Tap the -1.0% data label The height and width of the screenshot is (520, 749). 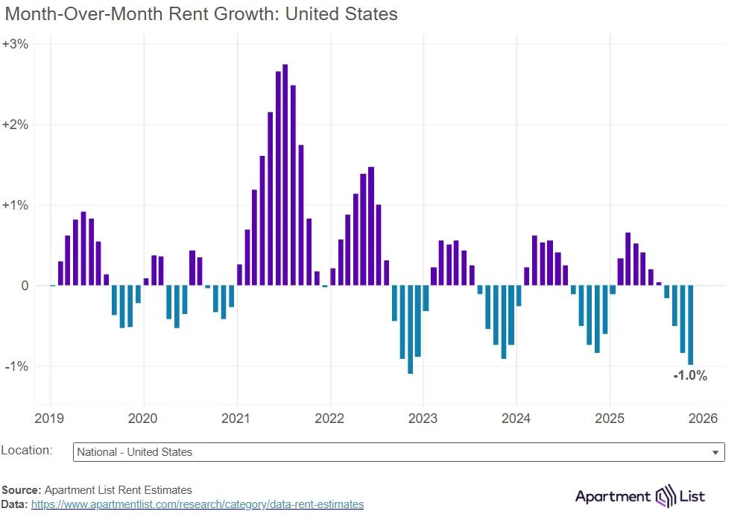(689, 376)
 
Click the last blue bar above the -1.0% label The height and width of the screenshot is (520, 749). (691, 325)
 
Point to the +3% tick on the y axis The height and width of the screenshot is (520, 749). (16, 44)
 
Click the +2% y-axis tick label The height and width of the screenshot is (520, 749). (16, 125)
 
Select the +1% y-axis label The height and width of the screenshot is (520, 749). (16, 205)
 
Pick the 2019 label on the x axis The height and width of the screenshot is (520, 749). (50, 419)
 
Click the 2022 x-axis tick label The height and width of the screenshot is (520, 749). (329, 419)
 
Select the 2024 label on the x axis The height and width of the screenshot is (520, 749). (516, 419)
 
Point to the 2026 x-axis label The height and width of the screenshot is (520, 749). (703, 419)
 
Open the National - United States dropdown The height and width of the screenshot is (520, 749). (399, 452)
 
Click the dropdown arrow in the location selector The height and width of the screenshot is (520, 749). (715, 453)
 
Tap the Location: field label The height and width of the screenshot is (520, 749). (27, 451)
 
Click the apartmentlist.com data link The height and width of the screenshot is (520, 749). (197, 504)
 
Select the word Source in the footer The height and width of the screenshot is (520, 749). (20, 490)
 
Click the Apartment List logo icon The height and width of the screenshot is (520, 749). (664, 497)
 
